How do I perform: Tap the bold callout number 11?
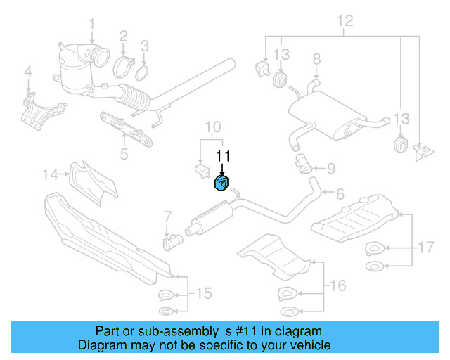point(223,156)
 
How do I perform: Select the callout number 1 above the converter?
point(91,27)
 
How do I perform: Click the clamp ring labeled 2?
point(124,67)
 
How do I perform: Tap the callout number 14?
point(49,173)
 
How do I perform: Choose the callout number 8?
point(316,58)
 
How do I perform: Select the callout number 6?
point(339,193)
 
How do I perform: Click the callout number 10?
point(213,127)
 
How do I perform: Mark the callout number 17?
point(426,247)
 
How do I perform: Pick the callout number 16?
point(338,285)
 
